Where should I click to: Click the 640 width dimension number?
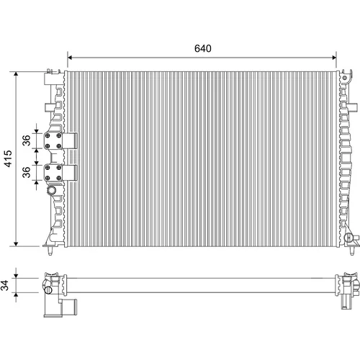(203, 48)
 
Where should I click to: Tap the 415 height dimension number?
(8, 158)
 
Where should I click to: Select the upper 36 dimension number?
(27, 140)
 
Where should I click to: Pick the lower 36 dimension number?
(27, 172)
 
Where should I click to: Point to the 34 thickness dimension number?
(5, 285)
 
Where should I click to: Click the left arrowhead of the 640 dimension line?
(70, 58)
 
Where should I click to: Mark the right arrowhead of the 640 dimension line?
(334, 58)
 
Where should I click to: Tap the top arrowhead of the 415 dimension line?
(16, 74)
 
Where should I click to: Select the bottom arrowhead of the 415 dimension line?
(16, 243)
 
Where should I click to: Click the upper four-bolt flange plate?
(53, 141)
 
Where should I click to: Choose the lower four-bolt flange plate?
(53, 173)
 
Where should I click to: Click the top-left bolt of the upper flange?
(48, 136)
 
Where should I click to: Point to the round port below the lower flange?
(51, 190)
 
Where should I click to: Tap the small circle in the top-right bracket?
(345, 78)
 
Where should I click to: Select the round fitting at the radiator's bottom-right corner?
(348, 238)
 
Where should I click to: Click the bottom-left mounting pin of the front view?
(50, 251)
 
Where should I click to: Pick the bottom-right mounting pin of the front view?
(352, 251)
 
